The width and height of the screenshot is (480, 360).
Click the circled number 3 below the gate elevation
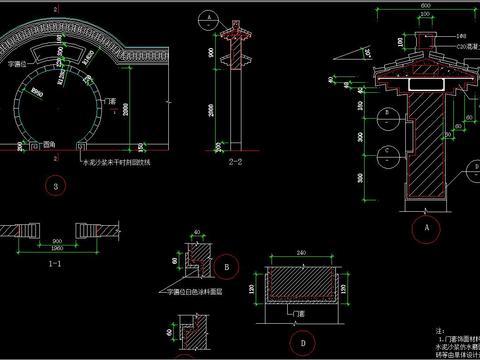point(60,186)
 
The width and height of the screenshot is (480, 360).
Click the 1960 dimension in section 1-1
point(59,248)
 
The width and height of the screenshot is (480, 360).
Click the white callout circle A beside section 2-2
point(206,18)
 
